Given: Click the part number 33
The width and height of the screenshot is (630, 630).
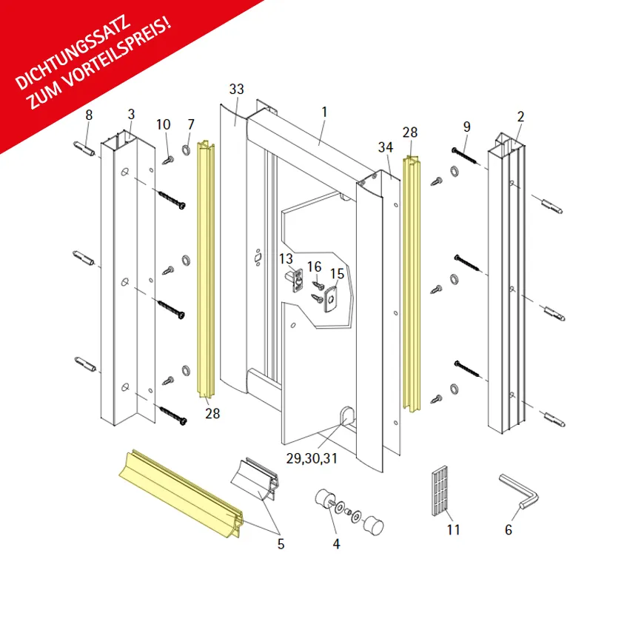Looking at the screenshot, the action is pos(236,89).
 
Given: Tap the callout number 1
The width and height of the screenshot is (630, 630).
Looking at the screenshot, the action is pos(324,112).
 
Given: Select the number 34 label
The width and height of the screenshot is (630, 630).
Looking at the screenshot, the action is pos(385,147).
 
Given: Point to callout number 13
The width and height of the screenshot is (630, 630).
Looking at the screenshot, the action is pos(286,259).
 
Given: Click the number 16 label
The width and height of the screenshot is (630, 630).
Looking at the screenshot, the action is pos(314,267).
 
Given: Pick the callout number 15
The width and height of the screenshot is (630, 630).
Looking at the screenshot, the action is pos(337,274).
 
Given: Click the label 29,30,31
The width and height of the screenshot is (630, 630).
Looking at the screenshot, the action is pos(312,458).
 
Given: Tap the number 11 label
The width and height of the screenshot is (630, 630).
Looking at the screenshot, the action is pos(453,529).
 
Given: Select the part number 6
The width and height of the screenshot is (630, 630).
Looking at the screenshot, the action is pos(509,529).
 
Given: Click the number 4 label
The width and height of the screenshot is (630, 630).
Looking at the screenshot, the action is pos(336,543).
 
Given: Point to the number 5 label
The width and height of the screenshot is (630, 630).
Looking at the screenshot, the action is pos(281,543).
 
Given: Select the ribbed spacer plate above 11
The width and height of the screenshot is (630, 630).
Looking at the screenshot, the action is pos(440,491).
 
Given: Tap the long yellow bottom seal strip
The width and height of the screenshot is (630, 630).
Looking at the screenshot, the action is pos(181,494).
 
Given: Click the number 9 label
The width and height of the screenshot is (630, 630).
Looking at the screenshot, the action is pos(466,127).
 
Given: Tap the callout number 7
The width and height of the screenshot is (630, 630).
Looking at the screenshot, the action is pos(191,124).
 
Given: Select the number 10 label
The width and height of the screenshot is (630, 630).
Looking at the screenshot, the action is pos(163,124).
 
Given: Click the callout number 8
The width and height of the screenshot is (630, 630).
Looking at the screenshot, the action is pos(89,115).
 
